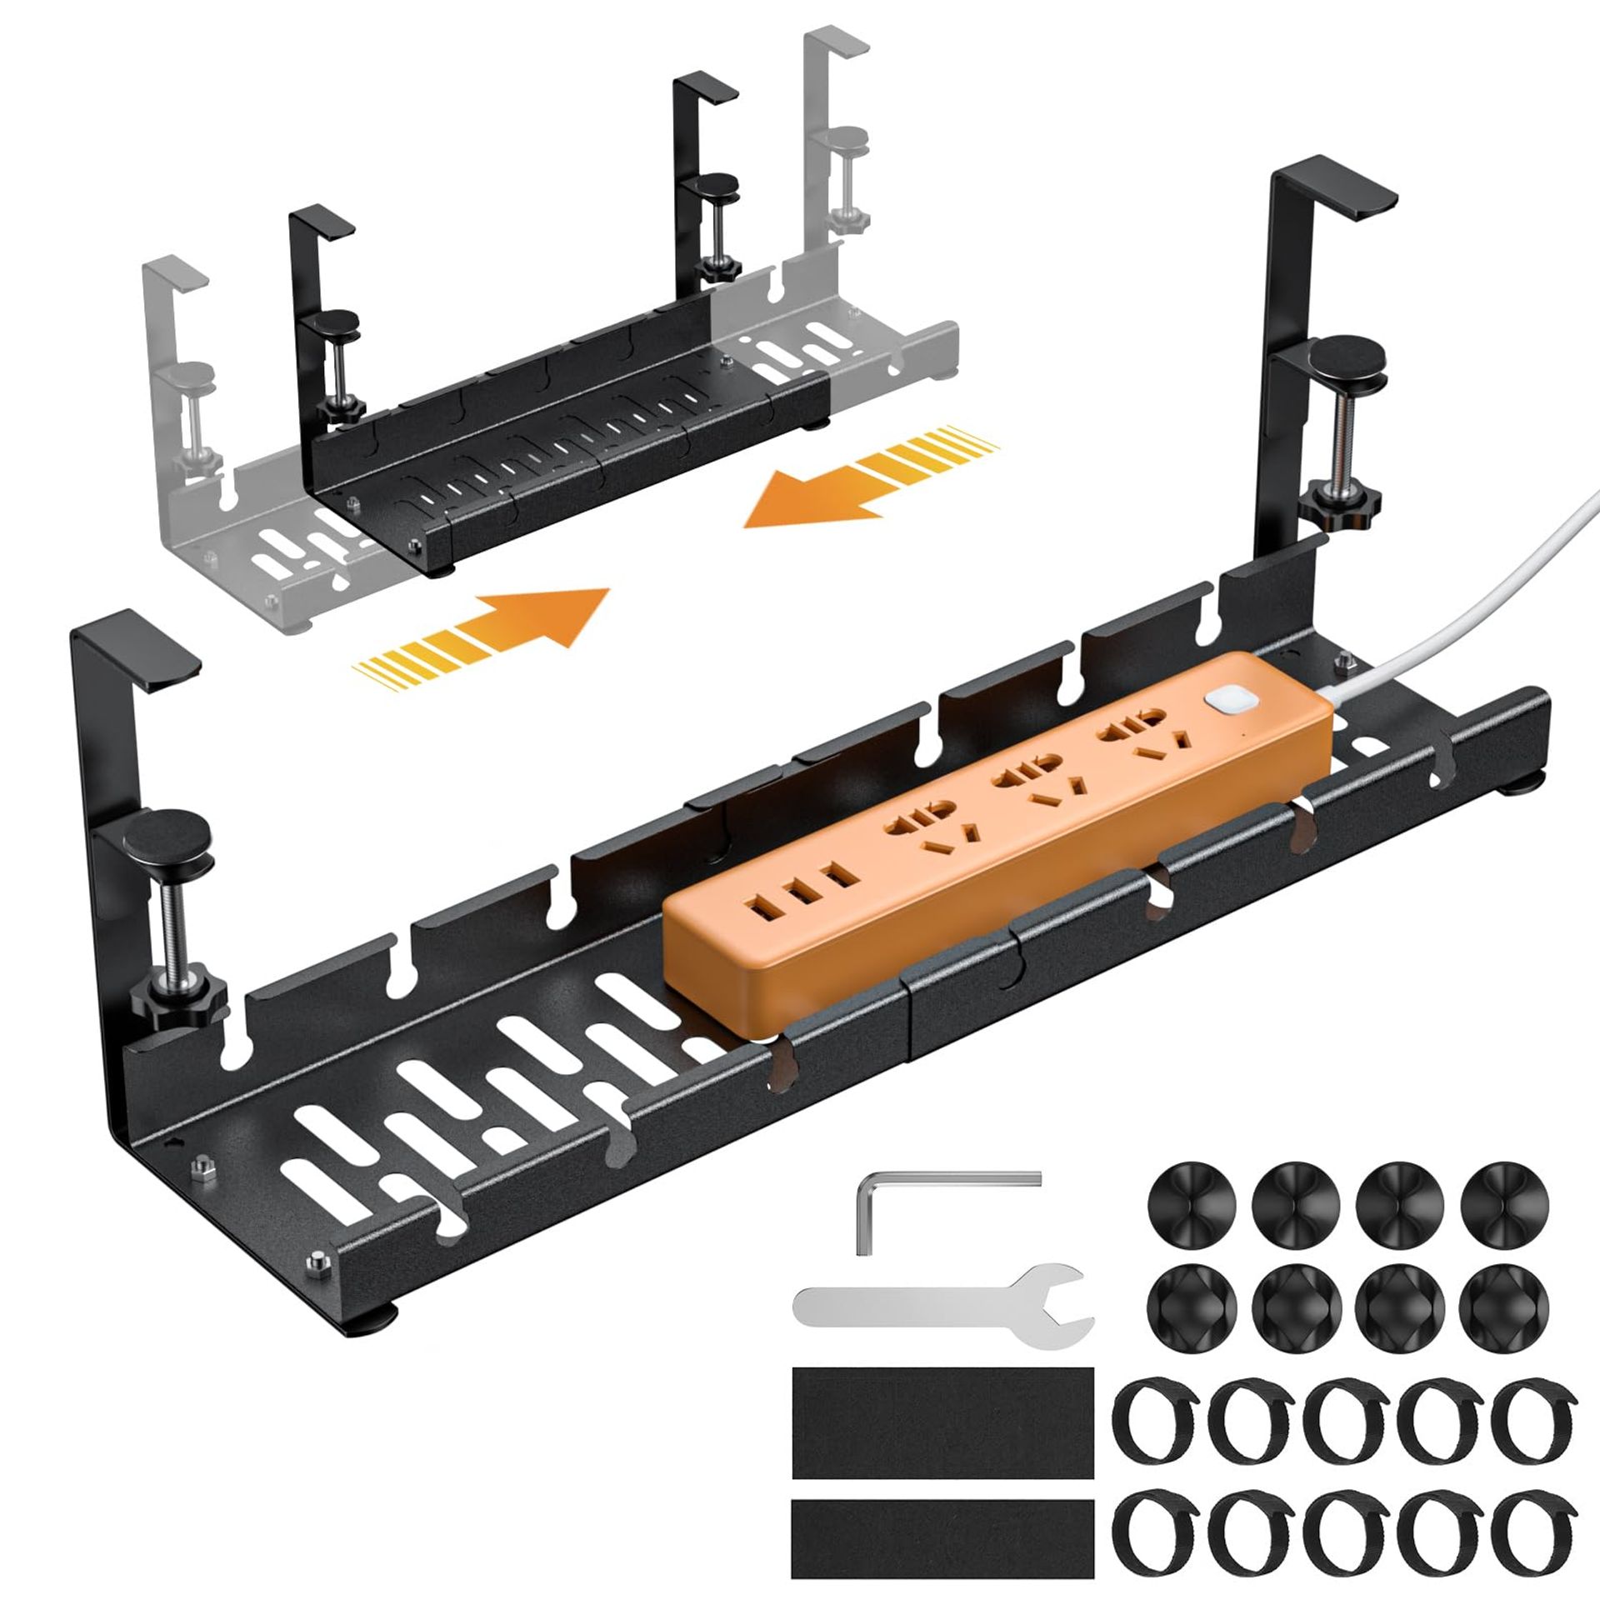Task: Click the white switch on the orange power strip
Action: (x=1222, y=678)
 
